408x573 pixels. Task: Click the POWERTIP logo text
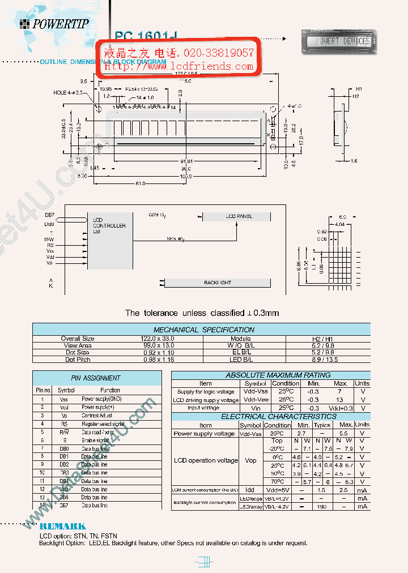click(60, 24)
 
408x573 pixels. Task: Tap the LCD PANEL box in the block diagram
click(239, 217)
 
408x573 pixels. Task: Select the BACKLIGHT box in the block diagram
click(218, 283)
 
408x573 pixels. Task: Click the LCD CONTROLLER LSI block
click(110, 240)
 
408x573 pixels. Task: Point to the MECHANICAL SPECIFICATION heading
click(204, 330)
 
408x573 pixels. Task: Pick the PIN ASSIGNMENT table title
click(88, 378)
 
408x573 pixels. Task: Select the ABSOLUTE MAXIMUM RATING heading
click(262, 375)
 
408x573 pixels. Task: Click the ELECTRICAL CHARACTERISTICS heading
click(262, 417)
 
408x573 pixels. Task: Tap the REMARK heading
click(63, 526)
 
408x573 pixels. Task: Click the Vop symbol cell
click(250, 460)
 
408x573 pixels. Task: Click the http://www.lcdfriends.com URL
click(179, 66)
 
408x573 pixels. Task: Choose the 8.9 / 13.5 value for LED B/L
click(324, 359)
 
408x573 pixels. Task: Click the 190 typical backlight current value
click(322, 507)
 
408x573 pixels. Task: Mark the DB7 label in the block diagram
click(50, 215)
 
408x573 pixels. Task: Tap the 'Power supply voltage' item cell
click(204, 434)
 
